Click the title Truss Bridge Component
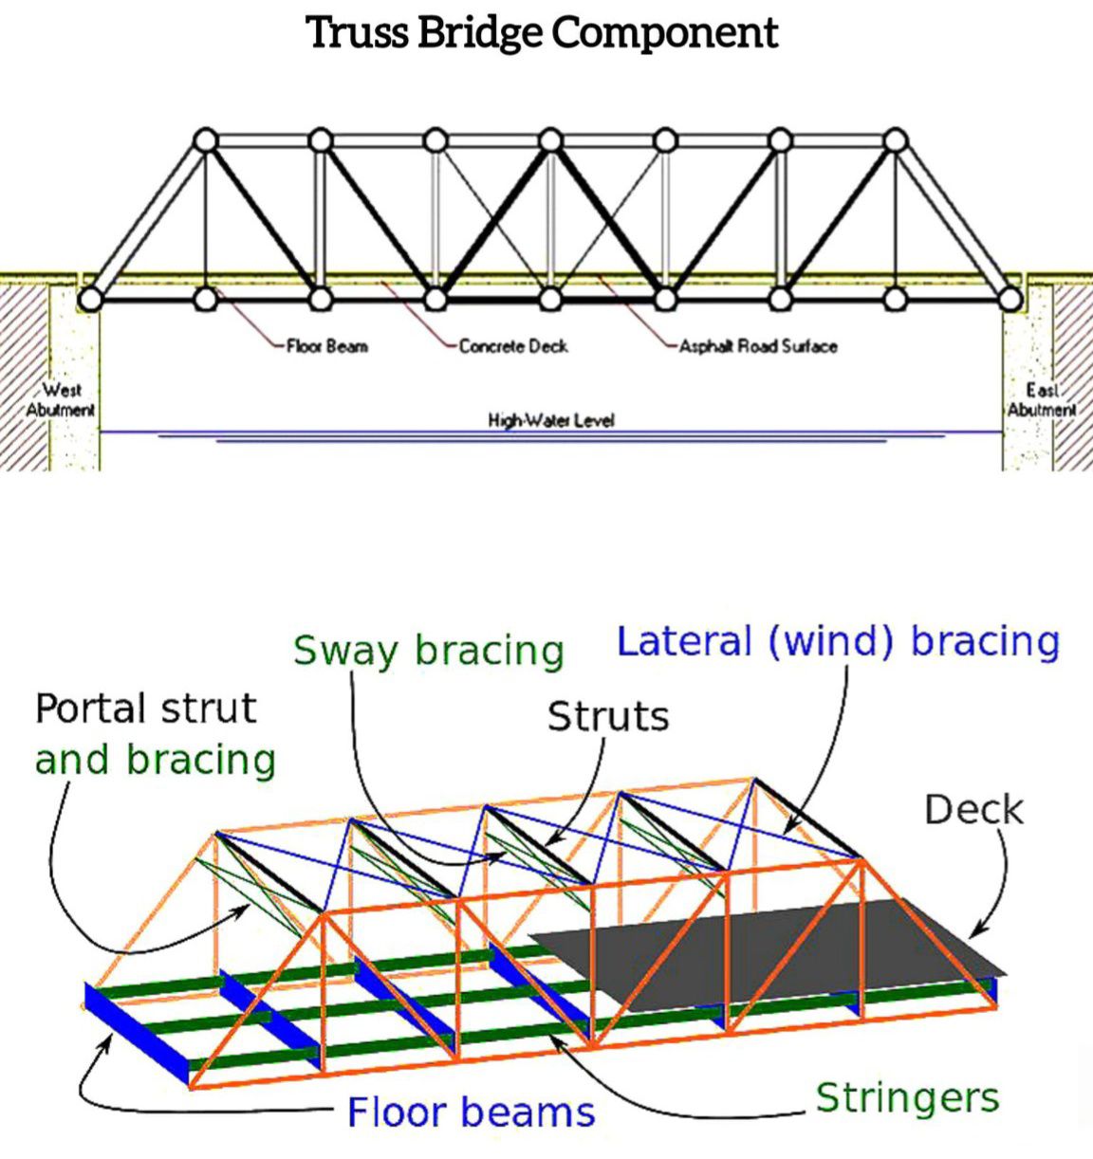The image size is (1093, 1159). pos(543,33)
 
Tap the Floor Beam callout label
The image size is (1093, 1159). pos(327,346)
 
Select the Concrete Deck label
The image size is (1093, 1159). pos(513,346)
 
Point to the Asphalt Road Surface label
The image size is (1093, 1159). pos(758,346)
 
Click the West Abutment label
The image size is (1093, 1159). pos(60,399)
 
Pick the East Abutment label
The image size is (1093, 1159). pos(1042,399)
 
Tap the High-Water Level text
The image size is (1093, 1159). pos(551,420)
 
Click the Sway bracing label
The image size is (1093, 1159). pos(429,652)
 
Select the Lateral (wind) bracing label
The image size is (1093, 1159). pos(838,641)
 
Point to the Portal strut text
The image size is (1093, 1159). pos(146,708)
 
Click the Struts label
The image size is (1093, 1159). pos(608,716)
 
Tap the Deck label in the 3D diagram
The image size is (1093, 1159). pos(973,810)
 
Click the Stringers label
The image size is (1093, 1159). pos(907,1097)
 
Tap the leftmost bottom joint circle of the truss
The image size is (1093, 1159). pos(89,300)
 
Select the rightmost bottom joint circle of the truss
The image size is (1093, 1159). pos(1010,300)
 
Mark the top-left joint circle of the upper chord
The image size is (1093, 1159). pos(206,140)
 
